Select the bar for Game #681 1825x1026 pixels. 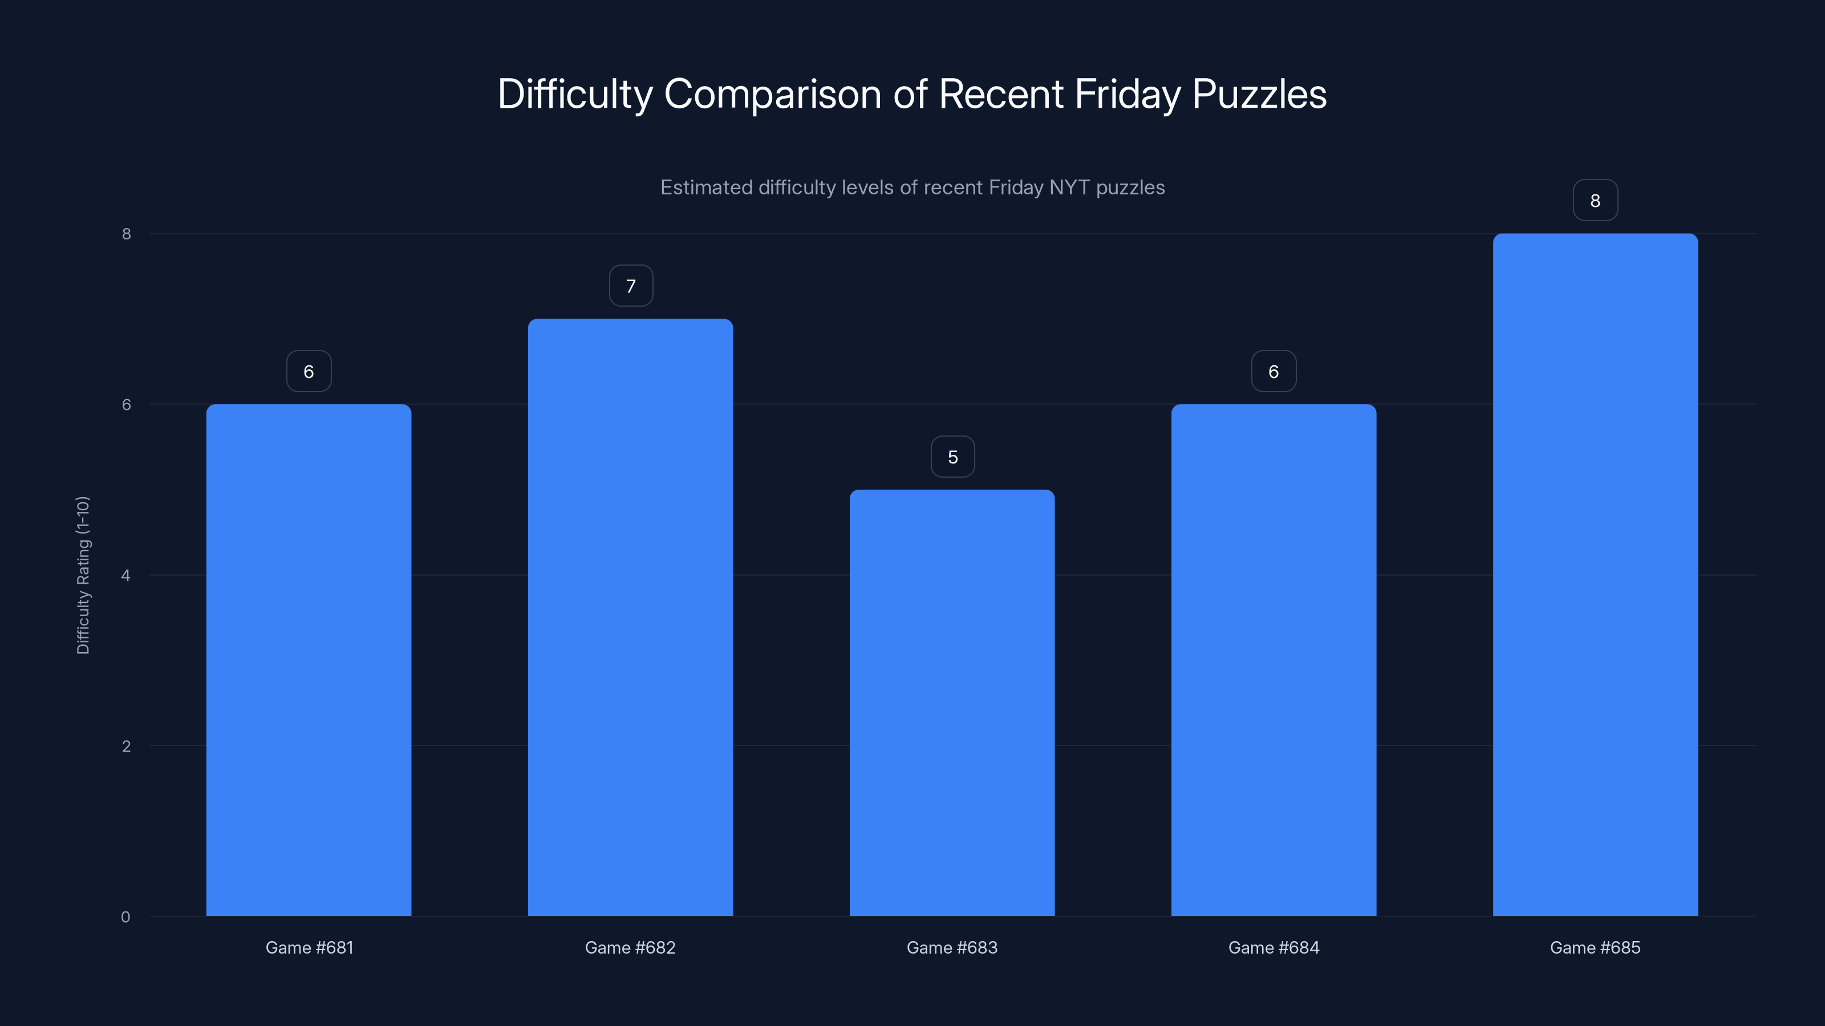(309, 660)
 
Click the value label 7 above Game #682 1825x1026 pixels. (631, 286)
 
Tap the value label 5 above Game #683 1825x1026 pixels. (952, 457)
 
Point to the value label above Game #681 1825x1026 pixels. (309, 371)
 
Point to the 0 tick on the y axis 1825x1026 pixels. (125, 917)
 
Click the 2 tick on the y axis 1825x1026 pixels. (126, 746)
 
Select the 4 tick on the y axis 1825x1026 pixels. (126, 575)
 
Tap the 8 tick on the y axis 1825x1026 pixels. (126, 234)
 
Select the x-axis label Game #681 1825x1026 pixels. (309, 947)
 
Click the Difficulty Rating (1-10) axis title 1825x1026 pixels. (83, 575)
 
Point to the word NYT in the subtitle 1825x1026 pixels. (1069, 188)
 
